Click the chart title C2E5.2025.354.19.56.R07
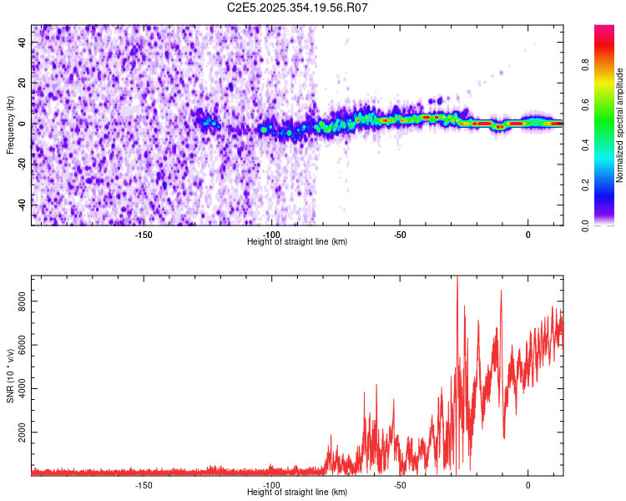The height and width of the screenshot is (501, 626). (298, 8)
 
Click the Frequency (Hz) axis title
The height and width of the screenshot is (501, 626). (10, 124)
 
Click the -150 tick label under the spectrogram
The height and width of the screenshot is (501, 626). (144, 235)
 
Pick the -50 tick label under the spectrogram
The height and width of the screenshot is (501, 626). (400, 235)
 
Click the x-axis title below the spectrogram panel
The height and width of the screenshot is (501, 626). (298, 242)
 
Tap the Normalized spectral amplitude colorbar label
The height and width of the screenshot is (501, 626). (620, 125)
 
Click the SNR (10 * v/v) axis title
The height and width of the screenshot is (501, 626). (10, 375)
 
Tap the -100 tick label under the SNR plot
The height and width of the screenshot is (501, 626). (271, 485)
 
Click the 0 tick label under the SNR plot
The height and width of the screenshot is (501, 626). (528, 485)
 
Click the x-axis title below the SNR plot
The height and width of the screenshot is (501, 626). (298, 493)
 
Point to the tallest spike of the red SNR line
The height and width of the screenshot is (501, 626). (457, 279)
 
